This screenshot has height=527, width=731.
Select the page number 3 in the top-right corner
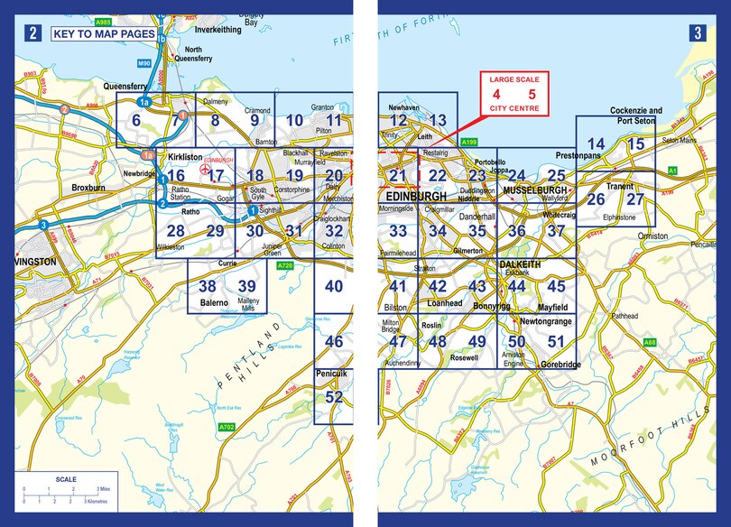[x=698, y=34]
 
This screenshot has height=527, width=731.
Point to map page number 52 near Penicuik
[x=334, y=397]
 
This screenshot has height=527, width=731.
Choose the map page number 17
[x=216, y=176]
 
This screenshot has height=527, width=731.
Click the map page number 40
[x=334, y=287]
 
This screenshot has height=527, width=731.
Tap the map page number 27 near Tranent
[x=636, y=199]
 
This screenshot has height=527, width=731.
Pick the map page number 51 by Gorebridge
[x=556, y=342]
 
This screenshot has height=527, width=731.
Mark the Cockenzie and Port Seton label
[x=635, y=116]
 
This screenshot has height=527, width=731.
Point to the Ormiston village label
[x=652, y=236]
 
